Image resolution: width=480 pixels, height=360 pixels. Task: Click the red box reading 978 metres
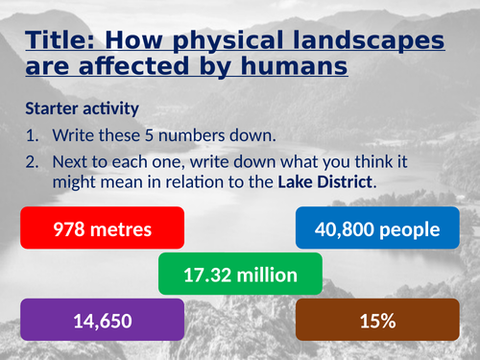(x=102, y=230)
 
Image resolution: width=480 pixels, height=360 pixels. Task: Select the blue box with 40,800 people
(x=380, y=230)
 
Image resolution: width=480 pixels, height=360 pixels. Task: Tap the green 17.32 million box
(x=241, y=276)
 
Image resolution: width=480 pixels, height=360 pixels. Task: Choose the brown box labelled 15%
(x=380, y=320)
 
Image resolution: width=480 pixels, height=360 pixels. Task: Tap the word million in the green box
(x=264, y=276)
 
